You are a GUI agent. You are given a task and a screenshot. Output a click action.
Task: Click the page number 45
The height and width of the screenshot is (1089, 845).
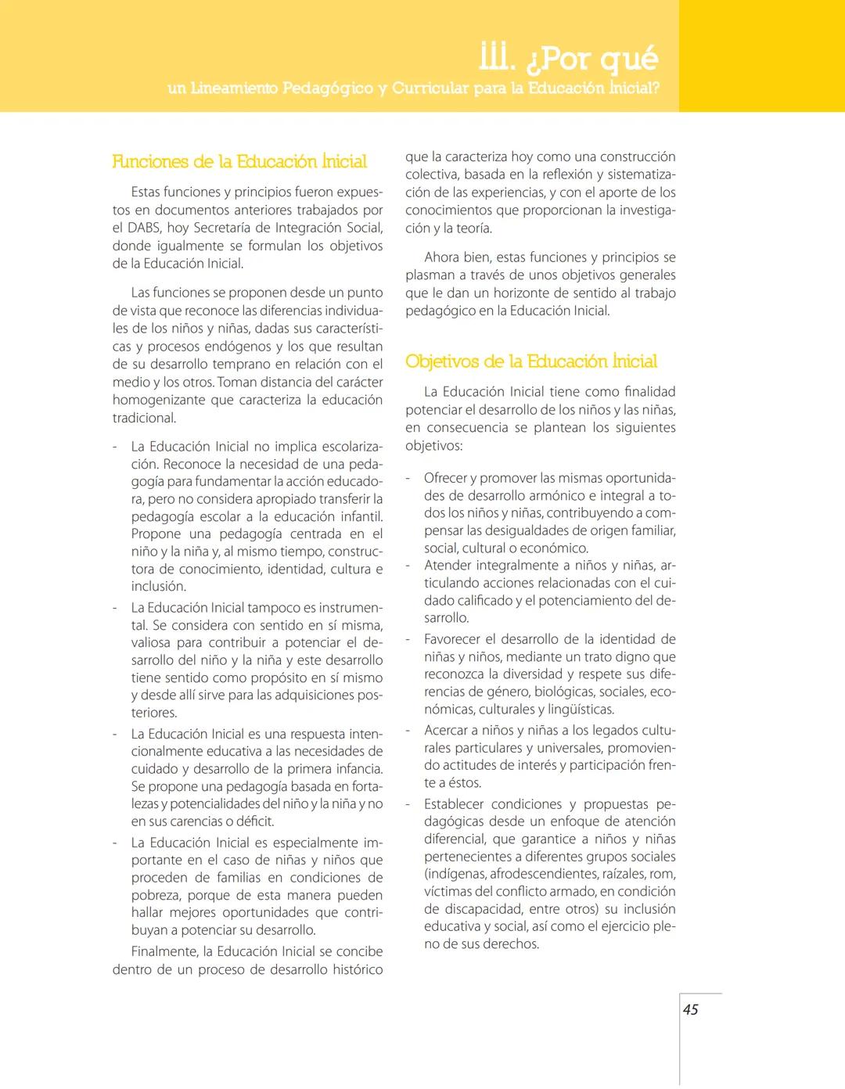tap(691, 1009)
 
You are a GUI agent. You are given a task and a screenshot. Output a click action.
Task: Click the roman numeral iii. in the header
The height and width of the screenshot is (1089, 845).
tap(496, 58)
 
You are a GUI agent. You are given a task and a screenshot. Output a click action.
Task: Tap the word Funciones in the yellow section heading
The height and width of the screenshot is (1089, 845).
tap(151, 162)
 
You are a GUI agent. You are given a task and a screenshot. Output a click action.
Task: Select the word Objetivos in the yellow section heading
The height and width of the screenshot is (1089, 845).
tap(442, 361)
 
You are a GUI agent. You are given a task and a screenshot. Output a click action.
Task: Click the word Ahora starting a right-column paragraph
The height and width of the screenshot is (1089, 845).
tap(443, 257)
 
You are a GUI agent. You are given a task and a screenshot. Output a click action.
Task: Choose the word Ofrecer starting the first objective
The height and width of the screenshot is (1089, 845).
tap(445, 478)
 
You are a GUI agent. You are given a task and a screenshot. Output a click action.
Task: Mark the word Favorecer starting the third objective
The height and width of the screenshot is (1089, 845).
tap(452, 639)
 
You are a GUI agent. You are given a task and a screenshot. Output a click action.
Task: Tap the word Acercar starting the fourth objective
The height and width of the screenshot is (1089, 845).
tap(446, 730)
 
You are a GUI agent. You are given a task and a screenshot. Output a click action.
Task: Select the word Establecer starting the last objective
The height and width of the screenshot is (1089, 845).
tap(455, 804)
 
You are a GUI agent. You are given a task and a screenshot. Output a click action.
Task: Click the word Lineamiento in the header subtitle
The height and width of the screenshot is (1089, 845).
tap(233, 88)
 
